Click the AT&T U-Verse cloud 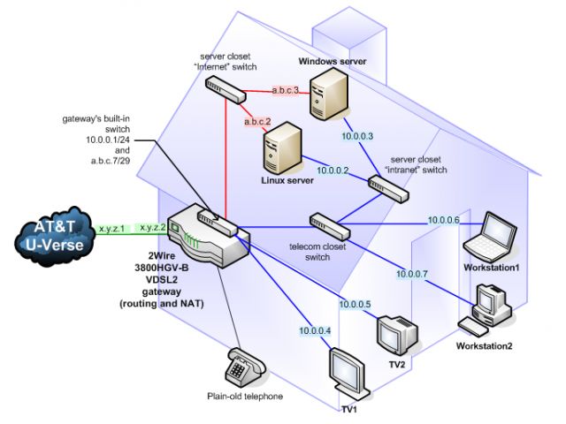[x=55, y=236]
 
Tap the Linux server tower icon [x=283, y=148]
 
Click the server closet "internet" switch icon [x=226, y=90]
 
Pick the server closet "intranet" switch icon [x=389, y=188]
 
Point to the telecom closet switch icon [x=330, y=226]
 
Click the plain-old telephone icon [x=245, y=368]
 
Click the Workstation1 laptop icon [x=491, y=238]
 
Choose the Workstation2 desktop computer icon [x=493, y=306]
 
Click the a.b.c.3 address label [x=285, y=90]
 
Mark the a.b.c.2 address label [x=257, y=122]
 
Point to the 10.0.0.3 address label [x=357, y=136]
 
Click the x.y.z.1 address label [x=112, y=229]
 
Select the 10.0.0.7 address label [x=412, y=274]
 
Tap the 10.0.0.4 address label [x=315, y=330]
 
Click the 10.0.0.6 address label [x=444, y=220]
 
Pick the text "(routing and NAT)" [x=162, y=304]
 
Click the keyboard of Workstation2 [x=473, y=326]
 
